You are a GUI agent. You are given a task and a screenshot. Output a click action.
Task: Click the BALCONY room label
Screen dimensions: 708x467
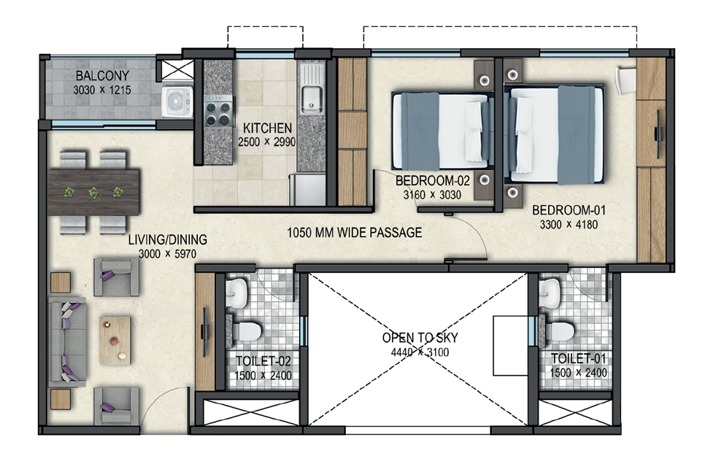pyautogui.click(x=102, y=75)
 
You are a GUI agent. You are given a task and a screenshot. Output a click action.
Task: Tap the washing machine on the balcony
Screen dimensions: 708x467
pyautogui.click(x=177, y=102)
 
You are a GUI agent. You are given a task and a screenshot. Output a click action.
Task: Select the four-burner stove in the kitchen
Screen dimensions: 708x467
pyautogui.click(x=218, y=111)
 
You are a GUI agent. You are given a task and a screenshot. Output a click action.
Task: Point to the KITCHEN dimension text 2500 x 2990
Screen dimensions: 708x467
pyautogui.click(x=267, y=142)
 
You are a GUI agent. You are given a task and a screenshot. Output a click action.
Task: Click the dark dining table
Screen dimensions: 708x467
pyautogui.click(x=94, y=192)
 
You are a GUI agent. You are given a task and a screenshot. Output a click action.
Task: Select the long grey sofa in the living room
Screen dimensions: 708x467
pyautogui.click(x=67, y=341)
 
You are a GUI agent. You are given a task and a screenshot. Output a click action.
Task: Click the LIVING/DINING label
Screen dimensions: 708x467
pyautogui.click(x=168, y=239)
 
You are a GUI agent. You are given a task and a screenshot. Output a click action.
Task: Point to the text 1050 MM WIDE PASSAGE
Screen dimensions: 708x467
pyautogui.click(x=355, y=233)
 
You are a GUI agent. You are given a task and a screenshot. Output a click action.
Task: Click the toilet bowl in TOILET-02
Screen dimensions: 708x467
pyautogui.click(x=247, y=331)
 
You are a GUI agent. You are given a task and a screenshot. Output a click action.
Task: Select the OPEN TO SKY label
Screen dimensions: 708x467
pyautogui.click(x=420, y=338)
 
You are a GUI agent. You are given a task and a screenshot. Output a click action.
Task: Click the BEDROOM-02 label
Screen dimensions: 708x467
pyautogui.click(x=433, y=181)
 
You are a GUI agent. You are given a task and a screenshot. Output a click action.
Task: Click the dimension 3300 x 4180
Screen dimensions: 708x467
pyautogui.click(x=569, y=224)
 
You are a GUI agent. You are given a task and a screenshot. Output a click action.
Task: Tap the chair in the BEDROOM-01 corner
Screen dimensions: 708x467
pyautogui.click(x=627, y=80)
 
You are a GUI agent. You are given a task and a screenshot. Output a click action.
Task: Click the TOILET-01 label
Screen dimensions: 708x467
pyautogui.click(x=578, y=359)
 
